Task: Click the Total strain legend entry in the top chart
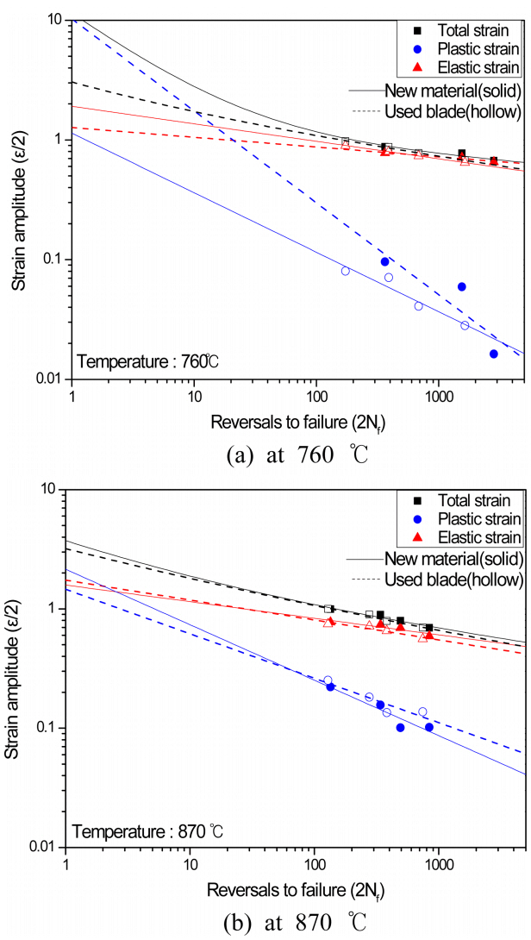point(465,31)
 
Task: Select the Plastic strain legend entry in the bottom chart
point(467,518)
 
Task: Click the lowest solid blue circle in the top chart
point(494,354)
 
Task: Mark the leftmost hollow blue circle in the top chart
point(346,271)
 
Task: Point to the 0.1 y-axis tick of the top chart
point(50,260)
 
